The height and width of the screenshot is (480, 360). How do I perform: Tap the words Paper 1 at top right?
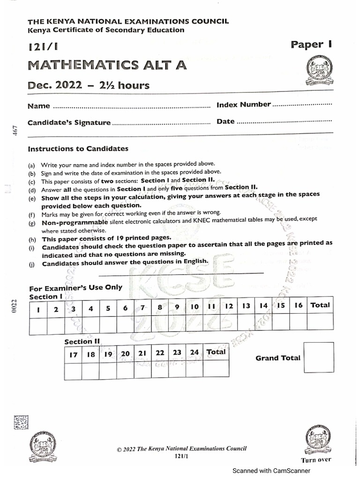pos(311,45)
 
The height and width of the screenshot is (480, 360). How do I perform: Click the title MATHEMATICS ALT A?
pos(107,65)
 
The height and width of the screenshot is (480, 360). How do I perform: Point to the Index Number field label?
pos(243,105)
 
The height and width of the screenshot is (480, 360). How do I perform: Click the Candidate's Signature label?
pos(69,123)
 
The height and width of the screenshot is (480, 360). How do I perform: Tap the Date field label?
pos(225,121)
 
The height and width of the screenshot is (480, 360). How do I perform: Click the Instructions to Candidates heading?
pos(78,149)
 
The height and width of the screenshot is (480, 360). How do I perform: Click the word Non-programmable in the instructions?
pos(75,223)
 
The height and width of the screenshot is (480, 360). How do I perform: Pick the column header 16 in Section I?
pos(298,306)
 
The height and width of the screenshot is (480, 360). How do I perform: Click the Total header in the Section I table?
pos(320,305)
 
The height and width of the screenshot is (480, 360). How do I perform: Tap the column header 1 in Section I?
pos(38,309)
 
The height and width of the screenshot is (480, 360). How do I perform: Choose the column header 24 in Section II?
pos(195,352)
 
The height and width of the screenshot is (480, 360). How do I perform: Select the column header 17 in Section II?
pos(73,355)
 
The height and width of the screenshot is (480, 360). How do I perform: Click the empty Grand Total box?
pos(319,357)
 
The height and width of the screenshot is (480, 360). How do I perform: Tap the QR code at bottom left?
pos(21,422)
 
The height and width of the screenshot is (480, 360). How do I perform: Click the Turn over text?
pos(316,460)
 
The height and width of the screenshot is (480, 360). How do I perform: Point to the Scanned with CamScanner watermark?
pos(271,471)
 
